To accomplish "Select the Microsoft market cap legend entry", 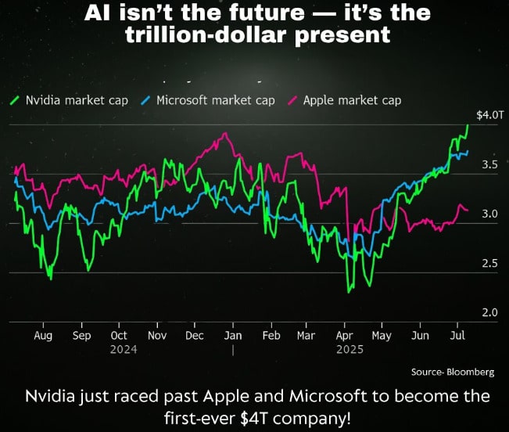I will tap(208, 100).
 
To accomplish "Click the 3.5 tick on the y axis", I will tap(489, 164).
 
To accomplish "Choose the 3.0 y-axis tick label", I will tap(489, 214).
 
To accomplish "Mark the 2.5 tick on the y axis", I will tap(489, 264).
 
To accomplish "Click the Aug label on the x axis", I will tap(43, 335).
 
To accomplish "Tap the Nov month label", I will tap(157, 335).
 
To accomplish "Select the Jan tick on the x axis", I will tap(233, 335).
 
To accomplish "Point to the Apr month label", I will tap(345, 335).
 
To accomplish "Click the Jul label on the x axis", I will tap(457, 335).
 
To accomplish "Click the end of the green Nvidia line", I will tap(468, 124).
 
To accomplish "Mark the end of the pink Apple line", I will tap(468, 210).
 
